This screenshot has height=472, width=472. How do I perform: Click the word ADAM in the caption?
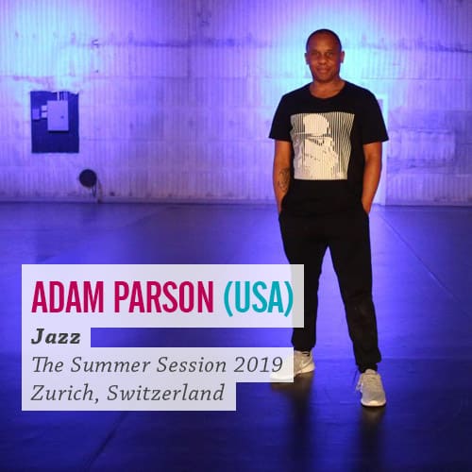pos(67,297)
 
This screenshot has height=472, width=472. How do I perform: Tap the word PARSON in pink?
pos(163,297)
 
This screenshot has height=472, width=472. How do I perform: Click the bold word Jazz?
pos(56,337)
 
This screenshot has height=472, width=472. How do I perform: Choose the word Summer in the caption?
pos(110,365)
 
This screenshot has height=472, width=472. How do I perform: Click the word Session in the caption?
pos(192,365)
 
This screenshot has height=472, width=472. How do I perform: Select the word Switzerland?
pos(165,392)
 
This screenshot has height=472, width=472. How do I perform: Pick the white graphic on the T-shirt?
pos(322,146)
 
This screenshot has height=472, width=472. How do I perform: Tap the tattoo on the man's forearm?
pos(284,180)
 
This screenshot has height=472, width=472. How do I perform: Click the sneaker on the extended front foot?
pos(372,388)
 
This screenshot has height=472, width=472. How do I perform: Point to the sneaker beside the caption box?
pos(303,361)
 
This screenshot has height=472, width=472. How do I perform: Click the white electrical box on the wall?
pos(58,116)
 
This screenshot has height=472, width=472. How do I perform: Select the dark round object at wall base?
pos(88,178)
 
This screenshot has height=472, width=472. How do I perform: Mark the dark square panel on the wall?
pos(55,122)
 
